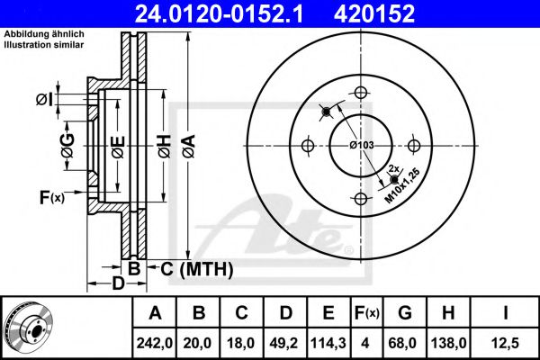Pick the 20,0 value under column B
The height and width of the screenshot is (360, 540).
click(200, 342)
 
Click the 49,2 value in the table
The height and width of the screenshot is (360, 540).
click(285, 342)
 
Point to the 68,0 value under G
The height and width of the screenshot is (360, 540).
click(405, 342)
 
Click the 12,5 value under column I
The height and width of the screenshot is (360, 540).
click(506, 342)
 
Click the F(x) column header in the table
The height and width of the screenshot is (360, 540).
click(366, 313)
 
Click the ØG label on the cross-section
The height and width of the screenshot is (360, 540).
click(67, 143)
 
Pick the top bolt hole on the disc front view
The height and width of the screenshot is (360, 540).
click(361, 92)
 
